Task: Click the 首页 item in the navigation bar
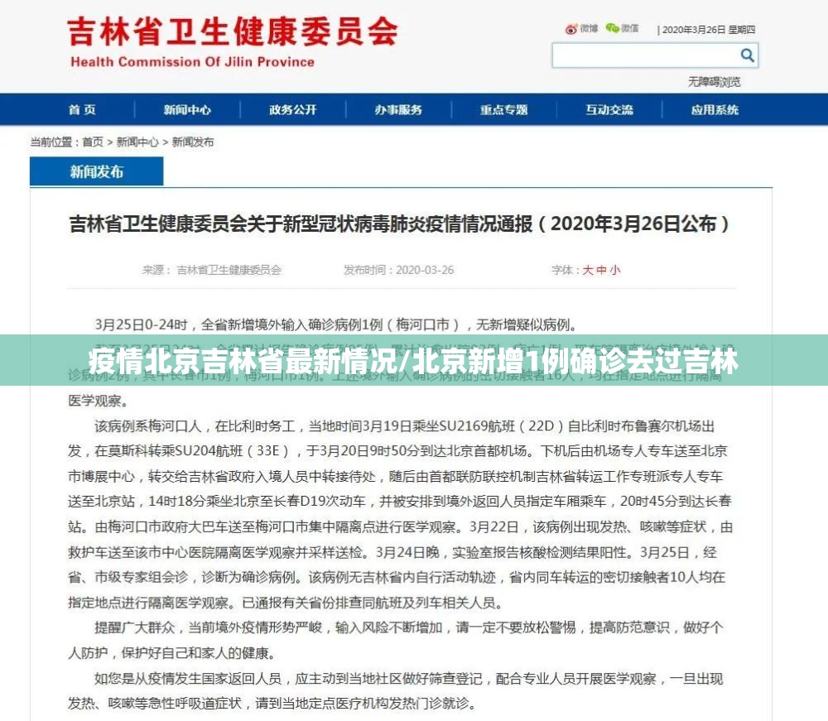82,110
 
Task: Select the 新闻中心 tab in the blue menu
187,110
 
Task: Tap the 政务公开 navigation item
292,110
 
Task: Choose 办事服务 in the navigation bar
397,110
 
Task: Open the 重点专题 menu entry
503,110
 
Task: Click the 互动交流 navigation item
609,110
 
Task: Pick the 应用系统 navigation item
715,110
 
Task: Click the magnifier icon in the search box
747,55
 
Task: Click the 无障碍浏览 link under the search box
714,82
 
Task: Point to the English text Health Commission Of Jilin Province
192,62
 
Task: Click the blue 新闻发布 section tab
97,171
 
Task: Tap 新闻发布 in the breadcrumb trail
193,142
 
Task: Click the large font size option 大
588,270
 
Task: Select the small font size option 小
615,270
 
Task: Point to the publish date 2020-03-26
425,270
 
